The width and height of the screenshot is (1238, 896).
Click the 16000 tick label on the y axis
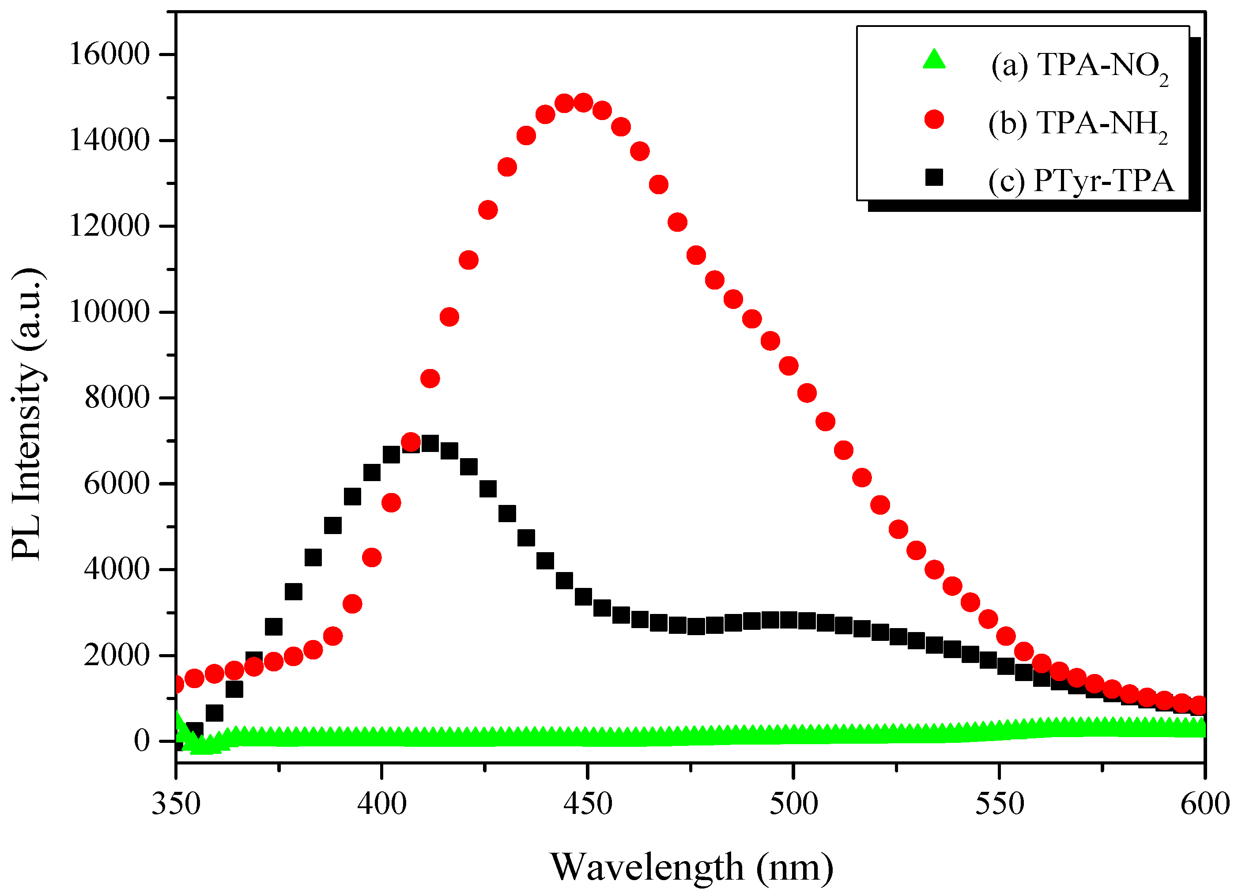click(x=109, y=55)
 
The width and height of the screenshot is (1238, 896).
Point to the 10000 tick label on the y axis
click(x=109, y=312)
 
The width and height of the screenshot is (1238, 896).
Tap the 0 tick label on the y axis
click(x=141, y=742)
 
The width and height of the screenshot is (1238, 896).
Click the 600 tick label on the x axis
click(x=1204, y=804)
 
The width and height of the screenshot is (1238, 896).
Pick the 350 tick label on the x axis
click(x=176, y=804)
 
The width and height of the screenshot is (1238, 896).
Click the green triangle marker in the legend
click(x=934, y=60)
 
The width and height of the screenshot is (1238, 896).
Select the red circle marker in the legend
click(x=934, y=119)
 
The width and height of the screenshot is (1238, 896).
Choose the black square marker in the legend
click(x=934, y=177)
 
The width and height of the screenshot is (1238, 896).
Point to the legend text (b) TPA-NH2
click(x=1078, y=124)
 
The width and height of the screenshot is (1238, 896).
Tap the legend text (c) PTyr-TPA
click(x=1081, y=181)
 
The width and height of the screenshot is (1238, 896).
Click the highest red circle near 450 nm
click(x=584, y=102)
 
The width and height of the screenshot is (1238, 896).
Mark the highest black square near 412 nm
click(x=430, y=444)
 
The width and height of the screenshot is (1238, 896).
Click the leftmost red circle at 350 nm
click(x=177, y=684)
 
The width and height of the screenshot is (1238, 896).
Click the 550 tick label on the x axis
click(x=999, y=804)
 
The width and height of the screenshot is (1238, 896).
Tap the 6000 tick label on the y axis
click(x=116, y=484)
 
